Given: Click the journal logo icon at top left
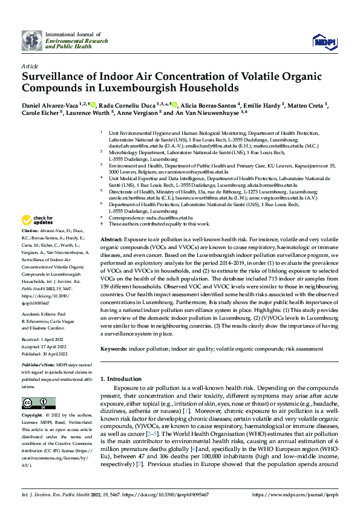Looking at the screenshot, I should point(31,40).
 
